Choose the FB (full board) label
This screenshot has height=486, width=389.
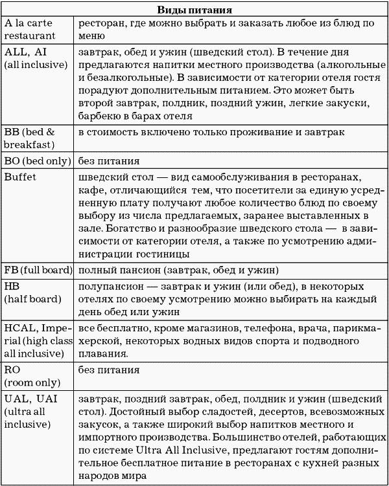click(38, 269)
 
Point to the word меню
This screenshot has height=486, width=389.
click(91, 36)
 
